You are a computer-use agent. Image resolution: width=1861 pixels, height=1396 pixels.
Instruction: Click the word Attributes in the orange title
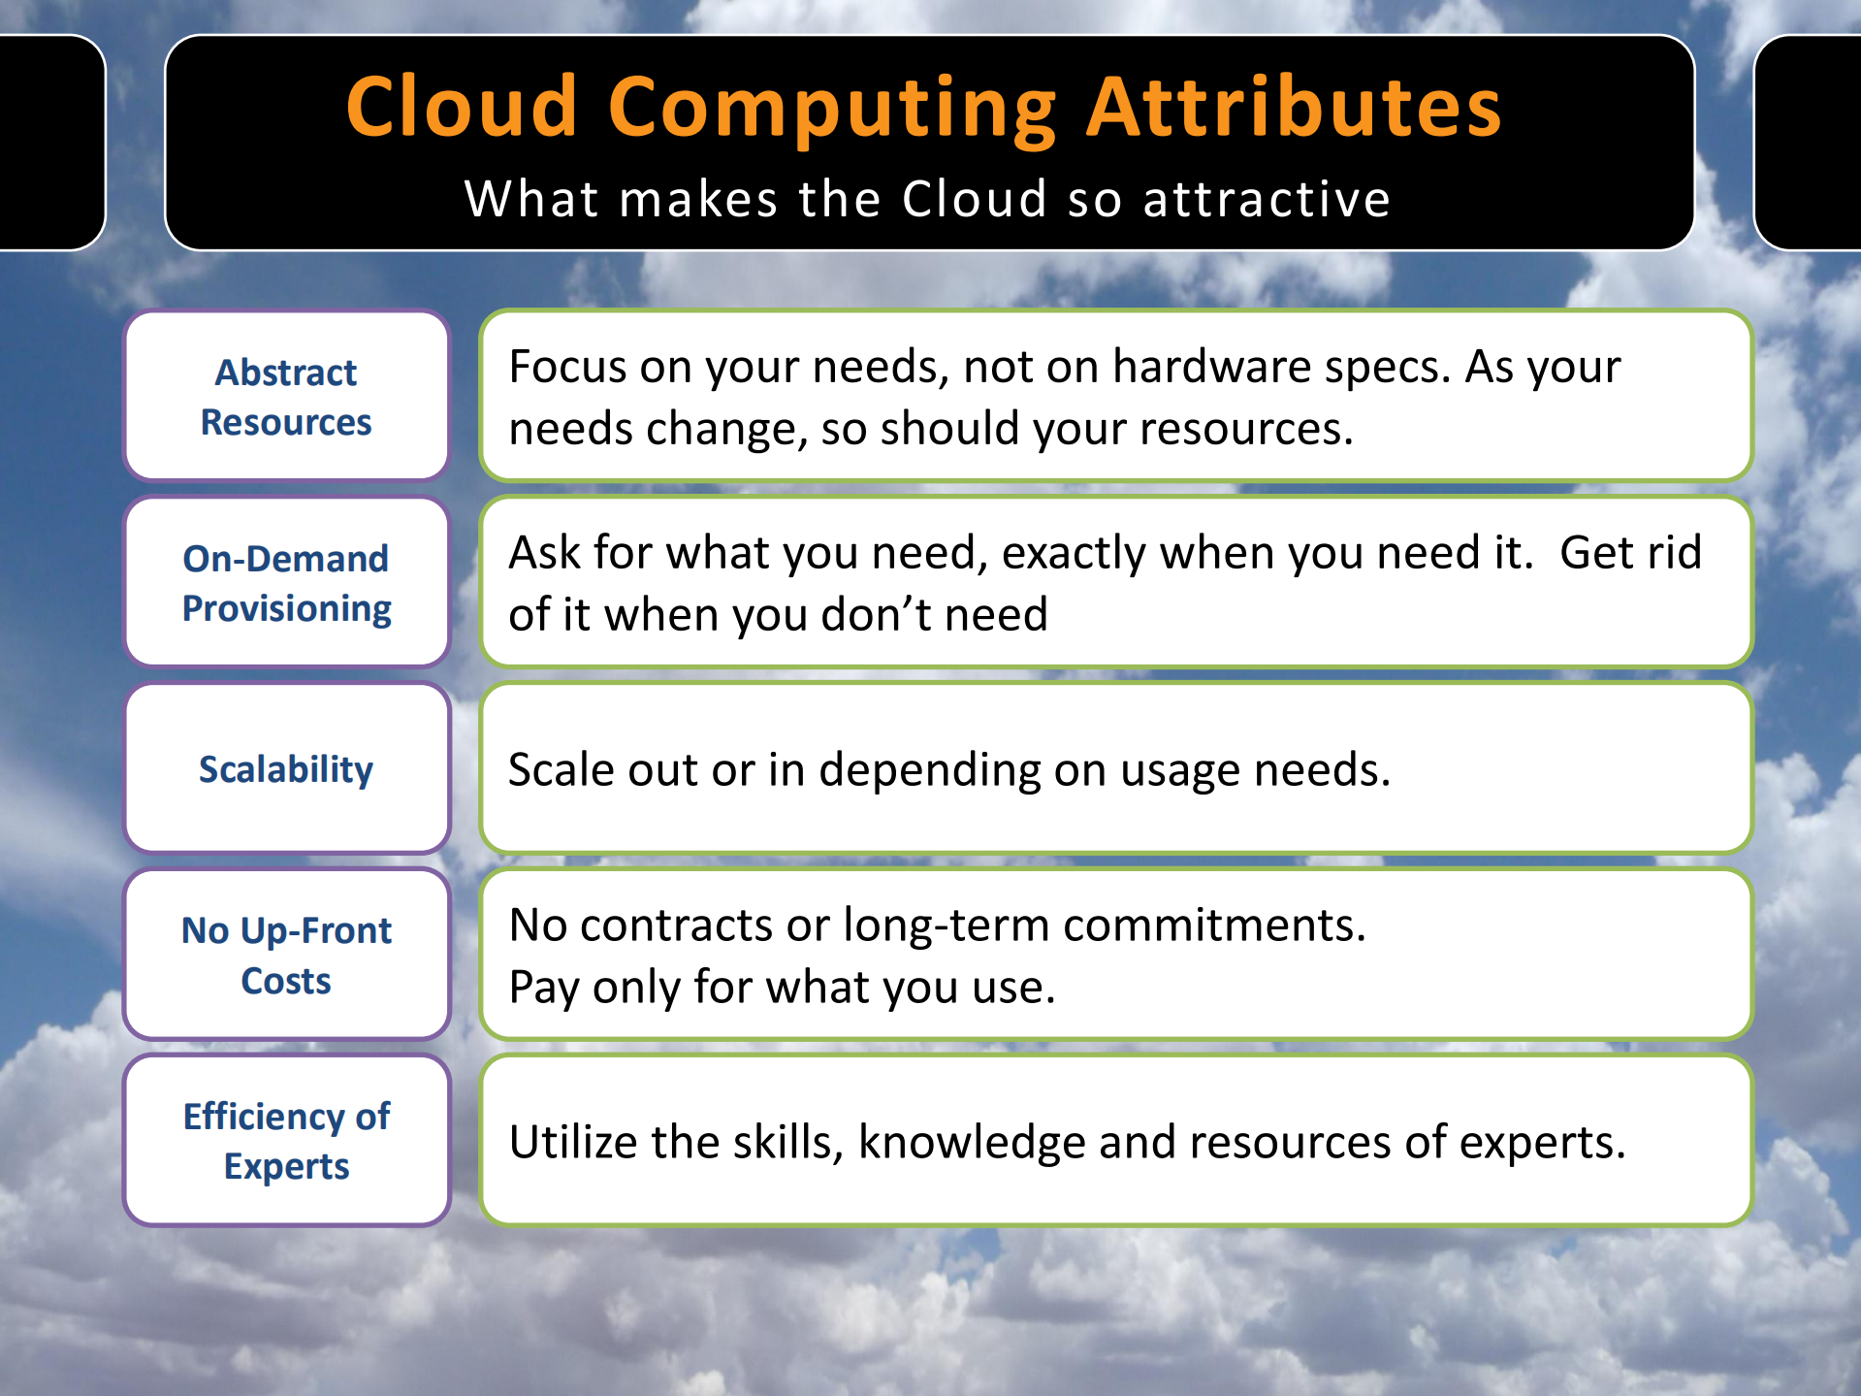1294,107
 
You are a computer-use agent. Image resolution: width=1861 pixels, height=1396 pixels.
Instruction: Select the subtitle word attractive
1267,199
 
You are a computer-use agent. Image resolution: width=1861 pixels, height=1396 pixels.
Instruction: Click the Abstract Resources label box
287,396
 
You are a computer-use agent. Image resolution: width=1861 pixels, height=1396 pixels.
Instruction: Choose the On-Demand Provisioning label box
287,582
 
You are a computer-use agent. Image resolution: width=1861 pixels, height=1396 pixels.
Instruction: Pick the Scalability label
287,769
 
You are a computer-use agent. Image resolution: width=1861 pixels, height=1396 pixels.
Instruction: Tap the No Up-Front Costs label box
287,955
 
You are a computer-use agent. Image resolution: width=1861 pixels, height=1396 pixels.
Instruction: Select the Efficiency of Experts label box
287,1141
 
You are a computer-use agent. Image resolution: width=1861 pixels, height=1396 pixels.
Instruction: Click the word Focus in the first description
567,366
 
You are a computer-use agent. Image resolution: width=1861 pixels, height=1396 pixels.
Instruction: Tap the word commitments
1215,925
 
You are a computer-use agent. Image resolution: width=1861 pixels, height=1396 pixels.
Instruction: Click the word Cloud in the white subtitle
975,199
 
